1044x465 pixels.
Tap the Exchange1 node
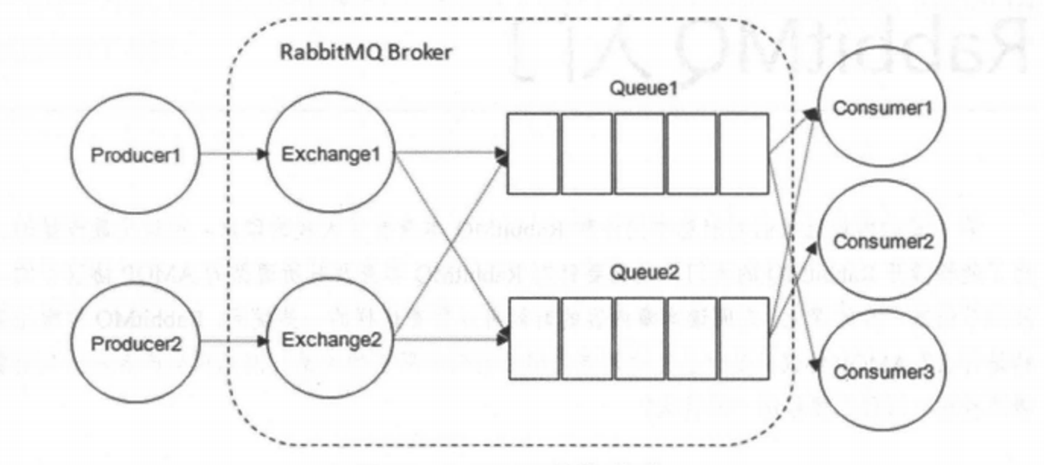[330, 155]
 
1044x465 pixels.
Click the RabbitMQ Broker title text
[367, 53]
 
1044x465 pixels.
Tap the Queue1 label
[642, 88]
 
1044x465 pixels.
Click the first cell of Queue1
[533, 154]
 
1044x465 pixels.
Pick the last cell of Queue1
[743, 154]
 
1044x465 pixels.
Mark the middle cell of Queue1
[639, 154]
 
